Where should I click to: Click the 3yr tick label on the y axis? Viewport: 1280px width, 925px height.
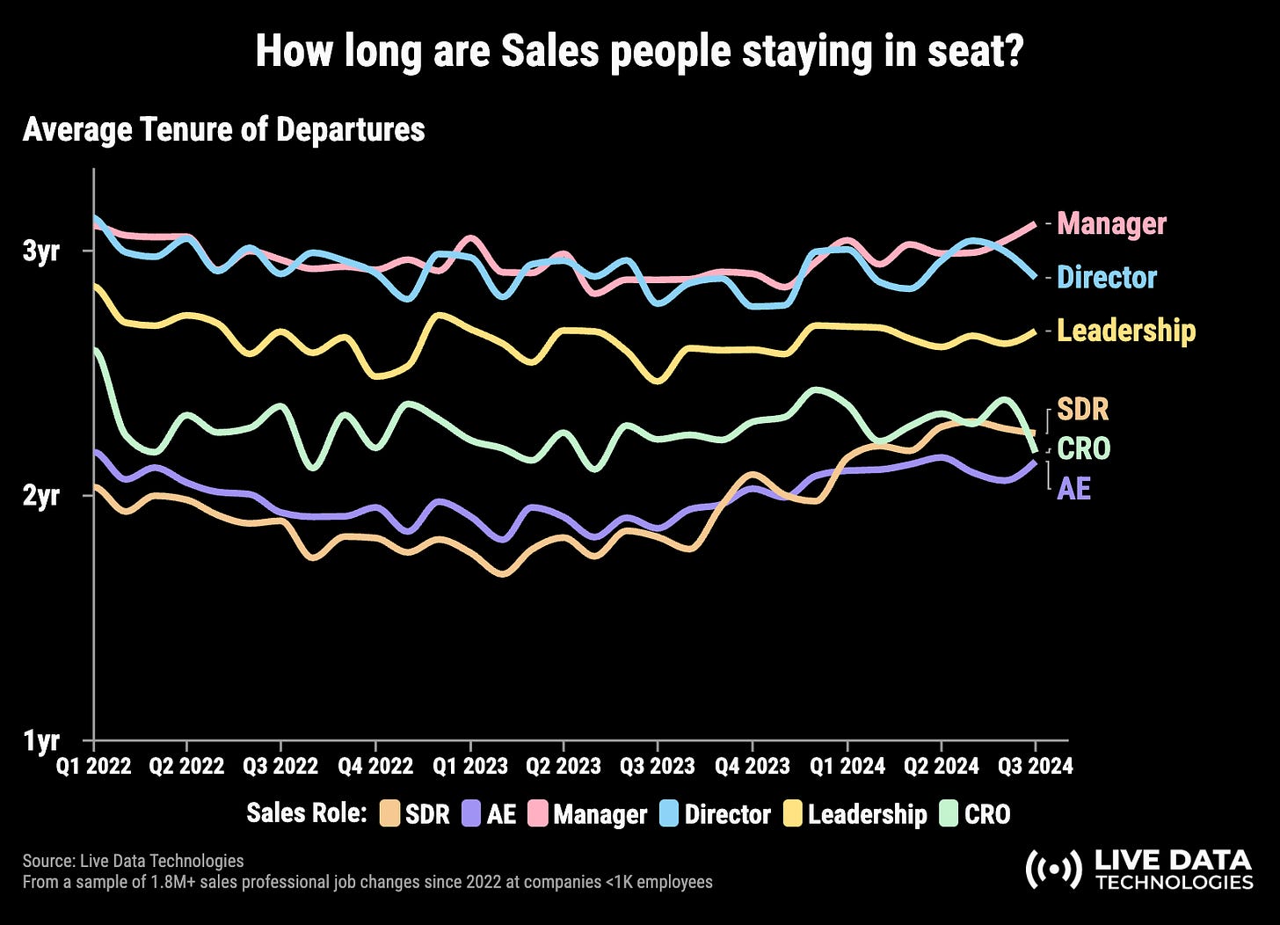[41, 251]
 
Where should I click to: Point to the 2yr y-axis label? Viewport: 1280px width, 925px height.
[41, 496]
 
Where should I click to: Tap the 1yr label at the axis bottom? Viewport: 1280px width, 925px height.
[41, 740]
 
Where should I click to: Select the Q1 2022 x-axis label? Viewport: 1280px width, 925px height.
[94, 766]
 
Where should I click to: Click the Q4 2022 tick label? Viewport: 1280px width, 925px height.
[375, 766]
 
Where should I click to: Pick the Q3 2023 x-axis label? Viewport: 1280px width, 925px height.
[658, 766]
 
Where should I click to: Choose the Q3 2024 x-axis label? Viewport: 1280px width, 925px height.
[1035, 766]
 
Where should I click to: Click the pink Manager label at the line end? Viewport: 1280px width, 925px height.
[1111, 223]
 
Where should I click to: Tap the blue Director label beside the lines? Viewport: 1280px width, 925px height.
[1107, 277]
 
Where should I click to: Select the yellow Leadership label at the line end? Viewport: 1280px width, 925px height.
[1126, 331]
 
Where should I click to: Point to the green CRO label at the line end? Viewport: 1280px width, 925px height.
[1084, 448]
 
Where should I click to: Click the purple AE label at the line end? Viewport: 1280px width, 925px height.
[1073, 489]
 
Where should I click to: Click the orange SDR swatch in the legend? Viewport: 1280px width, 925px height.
[389, 813]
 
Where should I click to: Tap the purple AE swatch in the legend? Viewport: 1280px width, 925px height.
[471, 813]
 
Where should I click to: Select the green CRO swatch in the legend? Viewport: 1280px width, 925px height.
[949, 813]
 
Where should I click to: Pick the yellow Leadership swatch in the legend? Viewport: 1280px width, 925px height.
[793, 813]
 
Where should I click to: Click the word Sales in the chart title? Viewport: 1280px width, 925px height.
[550, 51]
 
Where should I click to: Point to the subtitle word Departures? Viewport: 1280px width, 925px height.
[351, 130]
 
